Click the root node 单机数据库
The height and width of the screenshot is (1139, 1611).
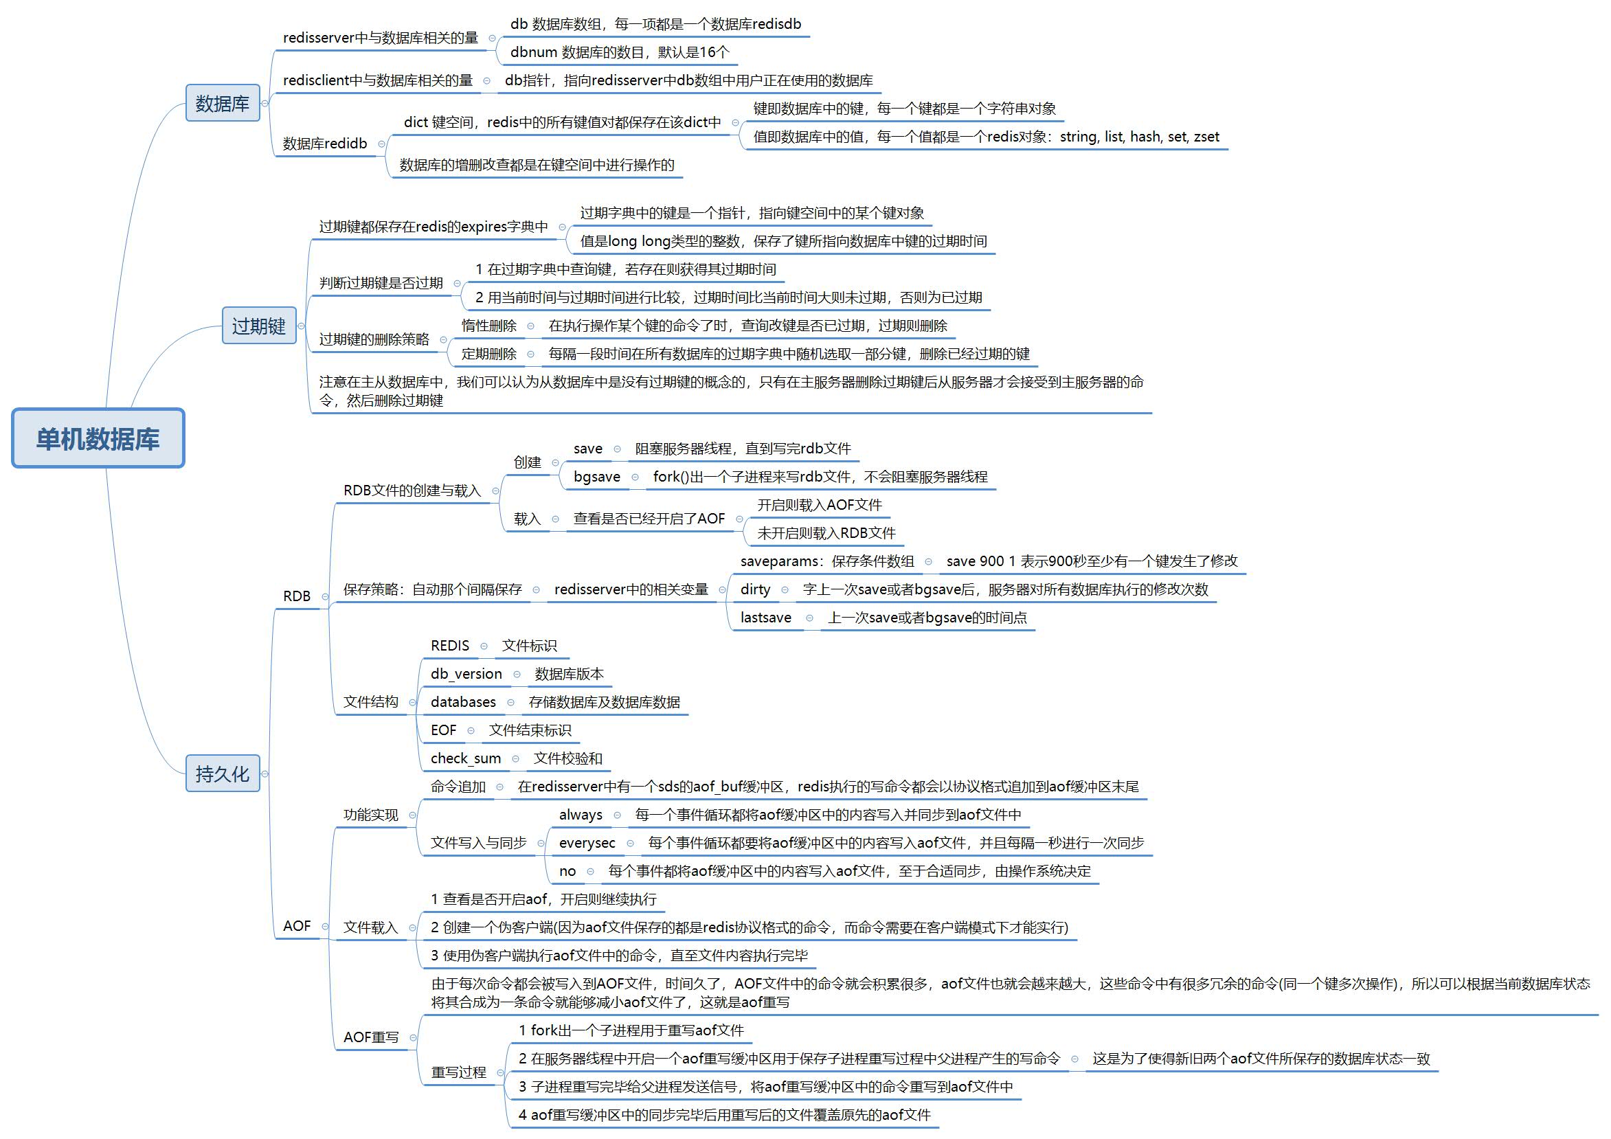click(x=98, y=438)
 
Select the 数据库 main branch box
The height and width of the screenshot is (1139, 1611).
click(x=223, y=103)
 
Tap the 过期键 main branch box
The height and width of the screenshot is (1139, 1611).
click(x=259, y=326)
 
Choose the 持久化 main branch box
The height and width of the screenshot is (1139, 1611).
click(x=223, y=774)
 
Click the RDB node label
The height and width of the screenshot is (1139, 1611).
click(x=297, y=596)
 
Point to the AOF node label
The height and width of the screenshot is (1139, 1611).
click(x=297, y=925)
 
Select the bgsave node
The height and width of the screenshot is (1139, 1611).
click(x=597, y=477)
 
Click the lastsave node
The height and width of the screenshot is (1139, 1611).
click(x=765, y=618)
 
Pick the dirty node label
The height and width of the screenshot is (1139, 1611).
click(x=755, y=589)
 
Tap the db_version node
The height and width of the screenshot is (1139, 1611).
click(x=466, y=674)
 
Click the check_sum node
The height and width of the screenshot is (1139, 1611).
click(x=466, y=758)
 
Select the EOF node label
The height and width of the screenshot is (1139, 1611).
click(x=443, y=730)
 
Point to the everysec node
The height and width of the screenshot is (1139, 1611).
click(x=587, y=843)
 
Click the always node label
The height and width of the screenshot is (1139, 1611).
click(x=581, y=815)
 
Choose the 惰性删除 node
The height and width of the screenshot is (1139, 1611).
click(x=489, y=326)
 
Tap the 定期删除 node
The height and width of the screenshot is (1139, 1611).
click(x=489, y=354)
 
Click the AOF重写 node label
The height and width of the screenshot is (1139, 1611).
click(x=371, y=1037)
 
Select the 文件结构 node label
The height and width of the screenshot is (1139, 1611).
click(x=371, y=702)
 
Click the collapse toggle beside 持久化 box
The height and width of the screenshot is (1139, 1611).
click(x=265, y=774)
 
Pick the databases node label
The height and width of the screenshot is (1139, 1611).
click(x=463, y=702)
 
